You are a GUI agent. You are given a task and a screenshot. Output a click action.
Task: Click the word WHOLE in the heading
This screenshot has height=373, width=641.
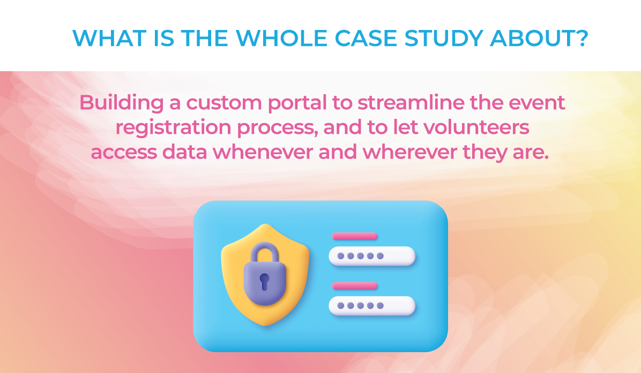[x=282, y=39]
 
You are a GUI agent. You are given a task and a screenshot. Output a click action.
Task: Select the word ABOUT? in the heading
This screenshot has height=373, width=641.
[x=539, y=39]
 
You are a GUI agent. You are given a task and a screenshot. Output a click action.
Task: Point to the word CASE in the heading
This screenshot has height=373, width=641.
[x=366, y=39]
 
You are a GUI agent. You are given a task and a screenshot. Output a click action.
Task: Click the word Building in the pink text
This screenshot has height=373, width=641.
[x=122, y=103]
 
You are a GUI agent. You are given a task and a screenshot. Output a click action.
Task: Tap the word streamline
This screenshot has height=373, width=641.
[x=411, y=102]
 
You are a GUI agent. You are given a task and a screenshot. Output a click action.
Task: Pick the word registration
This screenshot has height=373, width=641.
[x=174, y=128]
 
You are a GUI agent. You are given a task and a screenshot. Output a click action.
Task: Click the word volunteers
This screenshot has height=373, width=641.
[x=476, y=127]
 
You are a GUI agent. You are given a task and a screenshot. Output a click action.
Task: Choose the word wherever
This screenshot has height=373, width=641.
[x=409, y=152]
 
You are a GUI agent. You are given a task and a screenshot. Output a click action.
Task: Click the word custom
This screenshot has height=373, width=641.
[x=224, y=103]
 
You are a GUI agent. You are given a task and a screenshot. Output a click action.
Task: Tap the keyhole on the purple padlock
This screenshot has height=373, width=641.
[x=265, y=281]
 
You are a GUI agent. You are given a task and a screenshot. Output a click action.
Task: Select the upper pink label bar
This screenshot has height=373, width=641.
[x=355, y=236]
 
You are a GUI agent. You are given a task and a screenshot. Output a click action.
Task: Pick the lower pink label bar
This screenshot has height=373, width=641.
[x=355, y=286]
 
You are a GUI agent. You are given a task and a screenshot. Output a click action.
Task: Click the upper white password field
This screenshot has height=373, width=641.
[x=372, y=256]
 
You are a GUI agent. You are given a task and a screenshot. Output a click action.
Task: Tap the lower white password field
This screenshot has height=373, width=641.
[x=372, y=306]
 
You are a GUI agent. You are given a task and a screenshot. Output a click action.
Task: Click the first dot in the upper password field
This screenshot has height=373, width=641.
[x=340, y=256]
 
